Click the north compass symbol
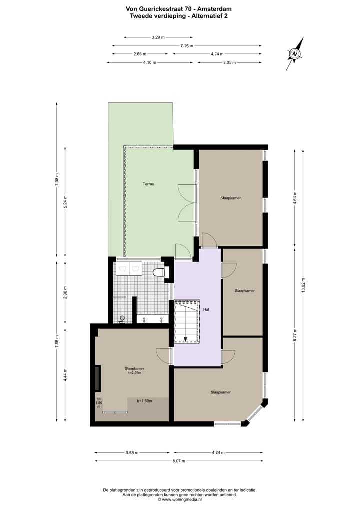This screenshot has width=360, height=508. coord(295,54)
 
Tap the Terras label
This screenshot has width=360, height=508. coord(147,184)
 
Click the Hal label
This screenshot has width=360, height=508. coord(206,309)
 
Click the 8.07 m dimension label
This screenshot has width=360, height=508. coord(179,461)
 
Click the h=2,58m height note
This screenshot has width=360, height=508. coord(135,372)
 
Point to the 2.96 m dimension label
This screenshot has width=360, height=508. coord(65,292)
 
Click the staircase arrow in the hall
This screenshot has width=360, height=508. coord(185,339)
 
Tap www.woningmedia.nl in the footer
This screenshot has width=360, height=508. coord(181,499)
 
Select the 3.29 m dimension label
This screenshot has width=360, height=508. coord(158,37)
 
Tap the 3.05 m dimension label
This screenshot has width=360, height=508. coord(229,62)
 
